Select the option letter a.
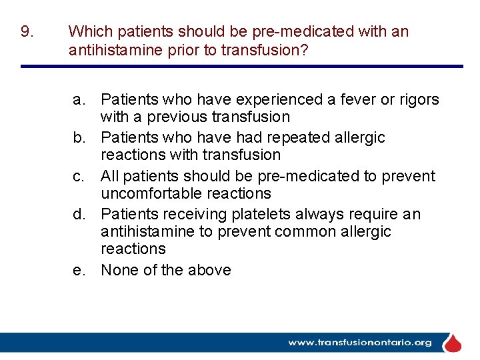pyautogui.click(x=79, y=100)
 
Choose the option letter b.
pyautogui.click(x=79, y=138)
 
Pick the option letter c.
pyautogui.click(x=79, y=177)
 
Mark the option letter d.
pyautogui.click(x=79, y=215)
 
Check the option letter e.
pyautogui.click(x=79, y=271)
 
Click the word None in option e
pyautogui.click(x=119, y=271)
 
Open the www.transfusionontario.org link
pyautogui.click(x=360, y=343)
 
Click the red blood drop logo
pyautogui.click(x=453, y=343)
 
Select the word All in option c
pyautogui.click(x=110, y=177)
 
